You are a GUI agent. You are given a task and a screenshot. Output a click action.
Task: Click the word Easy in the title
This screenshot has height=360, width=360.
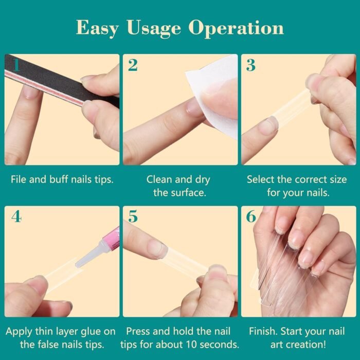pos(97,28)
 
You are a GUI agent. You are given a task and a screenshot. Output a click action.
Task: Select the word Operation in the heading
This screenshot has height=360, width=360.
pos(236,28)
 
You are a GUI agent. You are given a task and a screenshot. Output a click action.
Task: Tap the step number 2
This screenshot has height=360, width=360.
pos(133,65)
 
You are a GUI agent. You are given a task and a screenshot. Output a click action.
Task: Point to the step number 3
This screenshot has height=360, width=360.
pos(251,65)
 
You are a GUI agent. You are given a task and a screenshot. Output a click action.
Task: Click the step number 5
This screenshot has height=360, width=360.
pos(133,217)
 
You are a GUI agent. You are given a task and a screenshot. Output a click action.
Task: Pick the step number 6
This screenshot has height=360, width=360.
pos(251,217)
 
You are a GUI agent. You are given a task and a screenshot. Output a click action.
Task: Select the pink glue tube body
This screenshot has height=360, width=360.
pos(112,240)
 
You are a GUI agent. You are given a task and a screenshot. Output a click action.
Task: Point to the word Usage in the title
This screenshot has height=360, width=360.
pos(154,28)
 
